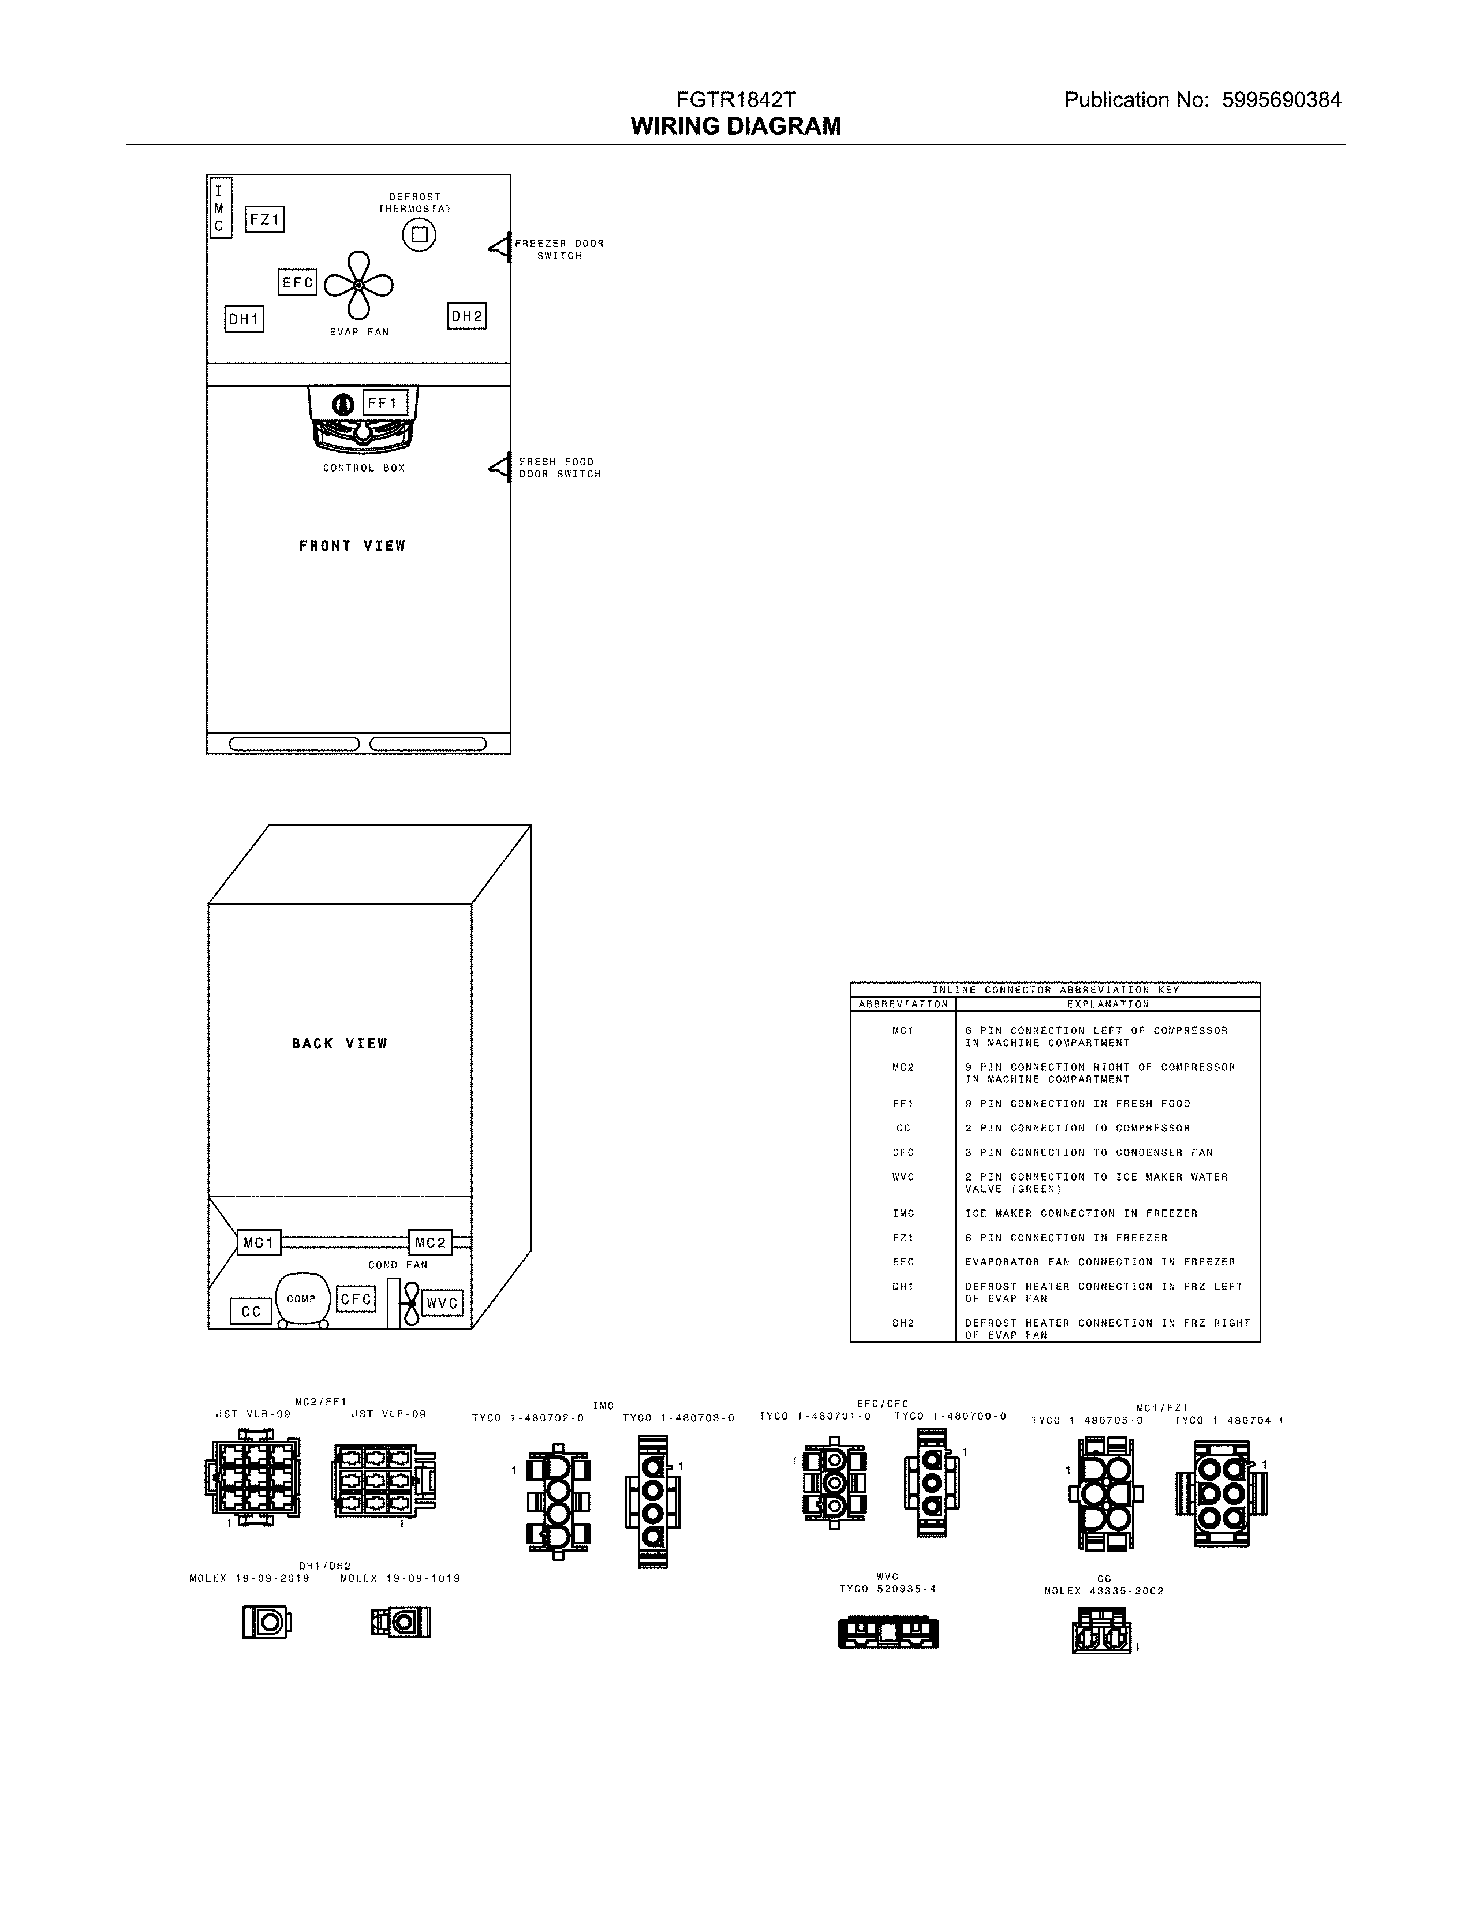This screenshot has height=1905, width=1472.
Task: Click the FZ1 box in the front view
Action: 265,220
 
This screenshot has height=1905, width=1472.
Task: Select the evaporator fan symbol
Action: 358,285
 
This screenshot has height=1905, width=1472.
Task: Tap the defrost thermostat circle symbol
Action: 419,234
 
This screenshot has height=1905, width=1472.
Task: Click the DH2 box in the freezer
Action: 466,316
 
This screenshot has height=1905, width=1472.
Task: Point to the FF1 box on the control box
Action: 384,403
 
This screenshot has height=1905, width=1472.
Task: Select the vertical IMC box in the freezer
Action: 220,208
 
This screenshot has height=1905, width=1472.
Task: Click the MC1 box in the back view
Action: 259,1242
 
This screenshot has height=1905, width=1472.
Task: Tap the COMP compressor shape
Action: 302,1299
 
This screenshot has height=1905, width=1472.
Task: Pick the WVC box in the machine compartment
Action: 442,1303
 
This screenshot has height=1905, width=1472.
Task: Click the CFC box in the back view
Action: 356,1299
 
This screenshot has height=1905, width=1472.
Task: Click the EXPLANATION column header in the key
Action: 1108,1004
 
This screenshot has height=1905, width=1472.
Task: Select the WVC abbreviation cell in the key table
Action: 903,1176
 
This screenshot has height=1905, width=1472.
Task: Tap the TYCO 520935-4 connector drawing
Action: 888,1632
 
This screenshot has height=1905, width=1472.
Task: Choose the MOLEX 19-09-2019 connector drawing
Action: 266,1622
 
